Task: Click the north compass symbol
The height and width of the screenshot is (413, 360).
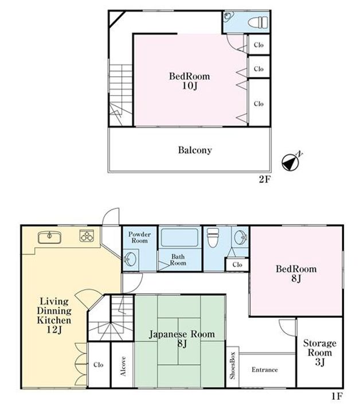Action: coord(291,162)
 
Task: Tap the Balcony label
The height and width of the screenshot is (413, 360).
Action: coord(195,150)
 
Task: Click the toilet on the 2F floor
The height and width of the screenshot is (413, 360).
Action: coord(258,22)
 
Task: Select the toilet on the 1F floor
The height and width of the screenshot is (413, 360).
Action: coord(213,237)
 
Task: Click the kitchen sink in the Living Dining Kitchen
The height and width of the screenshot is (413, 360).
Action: coord(49,237)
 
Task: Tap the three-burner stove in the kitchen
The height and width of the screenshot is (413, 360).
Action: coord(87,236)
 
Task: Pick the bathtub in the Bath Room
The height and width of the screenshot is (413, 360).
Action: coord(179,237)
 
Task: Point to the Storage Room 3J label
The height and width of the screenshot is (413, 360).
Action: coord(319,352)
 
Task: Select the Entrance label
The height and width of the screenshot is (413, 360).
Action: coord(264,369)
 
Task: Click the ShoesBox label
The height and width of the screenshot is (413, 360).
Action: coord(232,365)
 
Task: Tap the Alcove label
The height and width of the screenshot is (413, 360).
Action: coord(123,366)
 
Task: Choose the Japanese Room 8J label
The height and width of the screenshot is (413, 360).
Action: coord(182,339)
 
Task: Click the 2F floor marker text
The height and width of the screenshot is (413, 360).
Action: coord(264,180)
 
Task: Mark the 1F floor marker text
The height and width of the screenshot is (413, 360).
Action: coord(336,396)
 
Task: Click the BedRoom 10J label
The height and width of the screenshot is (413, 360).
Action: coord(190,81)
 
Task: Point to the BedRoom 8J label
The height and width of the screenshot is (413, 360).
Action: coord(296,274)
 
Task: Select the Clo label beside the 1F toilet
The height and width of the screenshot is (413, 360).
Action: coord(237,264)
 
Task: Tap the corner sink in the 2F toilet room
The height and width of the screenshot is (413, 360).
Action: coord(228,16)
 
